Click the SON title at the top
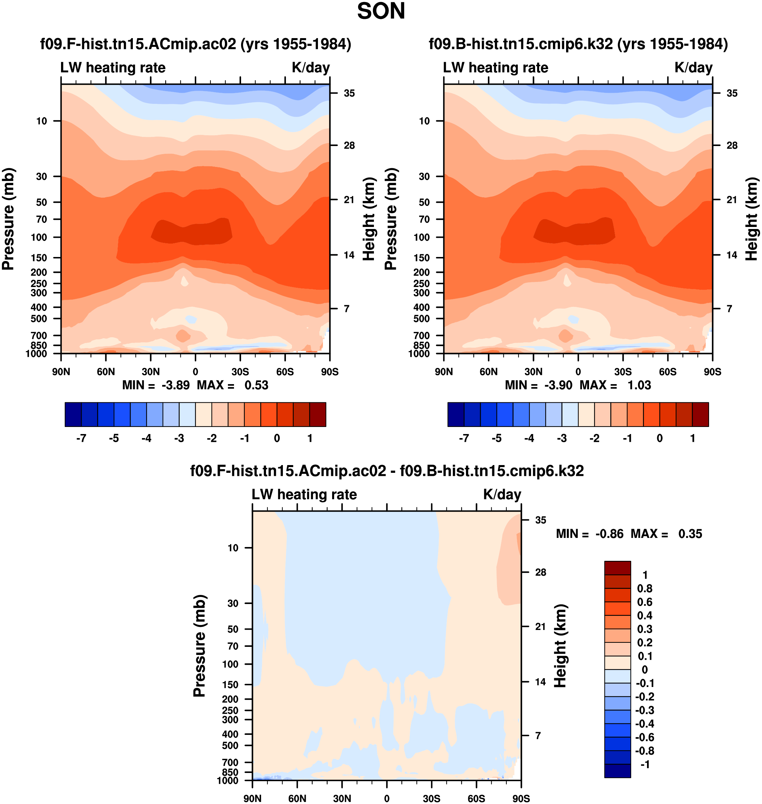tap(381, 11)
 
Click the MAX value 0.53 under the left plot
tap(256, 385)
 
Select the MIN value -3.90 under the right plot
tap(558, 385)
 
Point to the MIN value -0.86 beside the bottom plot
tap(609, 534)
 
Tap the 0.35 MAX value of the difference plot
tap(690, 534)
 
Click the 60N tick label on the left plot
tap(106, 372)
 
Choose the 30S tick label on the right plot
tap(623, 372)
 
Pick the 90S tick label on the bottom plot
tap(521, 799)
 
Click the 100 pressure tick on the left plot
tap(39, 237)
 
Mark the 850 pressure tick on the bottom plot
tap(230, 772)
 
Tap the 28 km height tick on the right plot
tap(732, 145)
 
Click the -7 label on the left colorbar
tap(81, 438)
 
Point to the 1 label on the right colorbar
tap(693, 438)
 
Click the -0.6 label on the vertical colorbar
tap(645, 737)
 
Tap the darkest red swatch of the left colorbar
tap(318, 414)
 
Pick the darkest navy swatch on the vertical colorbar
tap(617, 771)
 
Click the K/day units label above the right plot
tap(693, 67)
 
